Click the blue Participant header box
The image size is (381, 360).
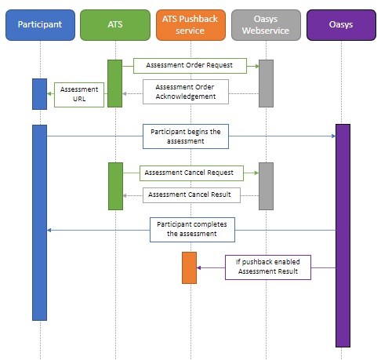tap(40, 25)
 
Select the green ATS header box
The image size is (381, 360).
tap(115, 25)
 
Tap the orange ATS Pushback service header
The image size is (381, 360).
tap(190, 25)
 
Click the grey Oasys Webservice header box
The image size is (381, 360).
tap(266, 25)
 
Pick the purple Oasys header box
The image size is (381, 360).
tap(342, 25)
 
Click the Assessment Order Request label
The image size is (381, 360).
tap(190, 64)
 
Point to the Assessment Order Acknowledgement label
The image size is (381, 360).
tap(186, 91)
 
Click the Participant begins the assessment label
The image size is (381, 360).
tap(186, 136)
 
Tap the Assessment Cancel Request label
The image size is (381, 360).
tap(189, 171)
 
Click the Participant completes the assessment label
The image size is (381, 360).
tap(192, 229)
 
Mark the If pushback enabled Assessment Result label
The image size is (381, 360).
tap(268, 267)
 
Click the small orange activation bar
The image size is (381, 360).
tap(189, 267)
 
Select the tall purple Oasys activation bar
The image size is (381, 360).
tap(343, 235)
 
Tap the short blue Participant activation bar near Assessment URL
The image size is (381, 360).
tap(39, 93)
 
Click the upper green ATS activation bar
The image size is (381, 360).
tap(115, 83)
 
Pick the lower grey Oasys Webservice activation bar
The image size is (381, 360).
tap(266, 186)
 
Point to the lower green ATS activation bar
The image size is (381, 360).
tap(115, 186)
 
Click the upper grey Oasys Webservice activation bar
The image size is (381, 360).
tap(266, 83)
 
